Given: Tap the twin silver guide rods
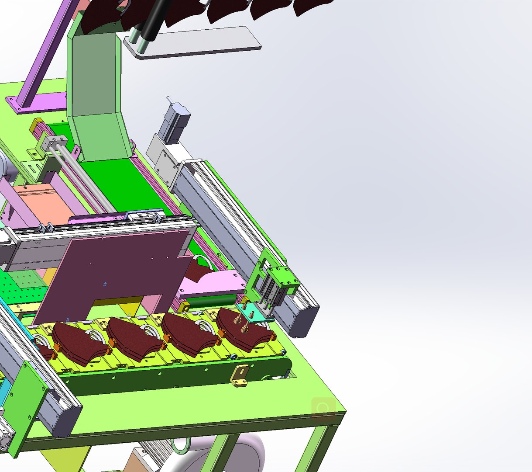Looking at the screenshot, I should coord(83,179).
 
